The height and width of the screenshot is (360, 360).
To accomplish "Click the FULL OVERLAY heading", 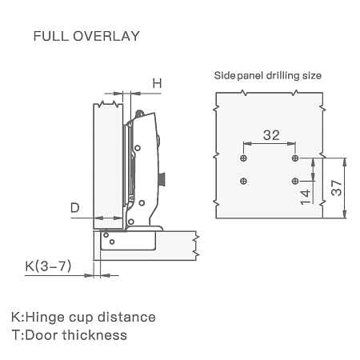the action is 86,36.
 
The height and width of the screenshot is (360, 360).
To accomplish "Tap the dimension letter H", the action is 157,83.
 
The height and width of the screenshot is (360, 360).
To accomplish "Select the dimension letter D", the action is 75,207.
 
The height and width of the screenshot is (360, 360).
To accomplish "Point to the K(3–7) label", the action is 48,266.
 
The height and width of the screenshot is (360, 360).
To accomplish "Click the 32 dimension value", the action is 271,135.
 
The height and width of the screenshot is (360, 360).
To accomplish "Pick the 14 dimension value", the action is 306,197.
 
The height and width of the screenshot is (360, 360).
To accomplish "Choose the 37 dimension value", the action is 337,188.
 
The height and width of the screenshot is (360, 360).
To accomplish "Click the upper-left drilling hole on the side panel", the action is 243,158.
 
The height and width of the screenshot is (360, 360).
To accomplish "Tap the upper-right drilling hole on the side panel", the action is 295,158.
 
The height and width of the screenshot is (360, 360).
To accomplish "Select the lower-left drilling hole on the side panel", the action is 243,181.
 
